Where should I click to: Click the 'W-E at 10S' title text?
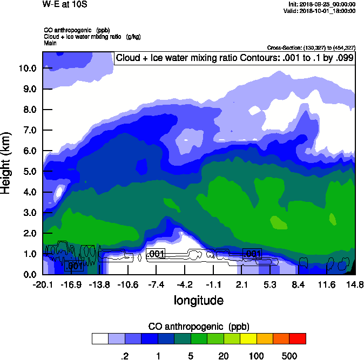click(x=64, y=4)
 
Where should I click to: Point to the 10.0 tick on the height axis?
click(x=28, y=69)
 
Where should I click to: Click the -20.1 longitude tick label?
click(x=43, y=284)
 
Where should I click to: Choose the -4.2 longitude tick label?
click(x=185, y=284)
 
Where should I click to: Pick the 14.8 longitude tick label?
click(x=354, y=284)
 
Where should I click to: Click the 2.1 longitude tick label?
click(x=242, y=284)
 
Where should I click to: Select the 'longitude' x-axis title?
click(x=198, y=300)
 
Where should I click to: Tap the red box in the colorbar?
click(x=297, y=338)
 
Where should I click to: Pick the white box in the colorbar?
click(x=100, y=338)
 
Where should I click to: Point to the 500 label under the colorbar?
click(x=289, y=356)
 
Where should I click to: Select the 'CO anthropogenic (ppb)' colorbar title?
click(x=198, y=327)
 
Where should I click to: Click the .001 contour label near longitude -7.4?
click(x=156, y=254)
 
